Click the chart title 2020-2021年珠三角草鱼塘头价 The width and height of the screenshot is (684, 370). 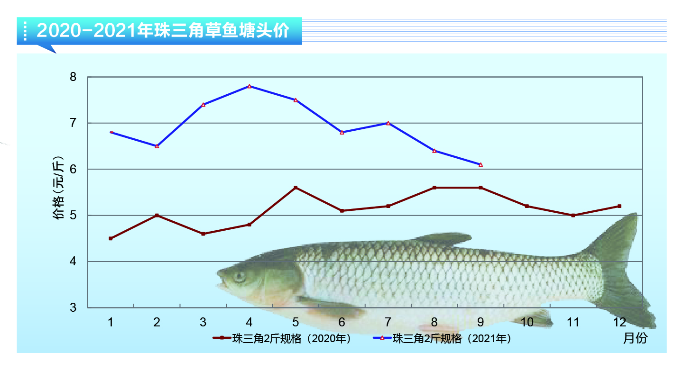point(162,31)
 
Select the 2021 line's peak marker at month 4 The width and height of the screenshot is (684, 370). point(250,86)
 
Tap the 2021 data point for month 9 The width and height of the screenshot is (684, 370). point(481,164)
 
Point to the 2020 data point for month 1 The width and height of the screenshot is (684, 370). point(111,238)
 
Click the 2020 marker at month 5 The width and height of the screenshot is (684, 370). point(296,188)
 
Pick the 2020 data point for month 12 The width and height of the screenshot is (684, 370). point(619,206)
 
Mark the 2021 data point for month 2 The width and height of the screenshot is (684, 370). point(157,146)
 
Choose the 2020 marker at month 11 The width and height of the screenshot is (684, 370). point(573,215)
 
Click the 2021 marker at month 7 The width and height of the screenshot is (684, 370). point(388,123)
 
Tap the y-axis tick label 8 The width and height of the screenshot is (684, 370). point(73,77)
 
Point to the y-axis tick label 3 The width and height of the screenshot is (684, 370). point(73,307)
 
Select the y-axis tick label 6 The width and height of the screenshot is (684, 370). point(73,169)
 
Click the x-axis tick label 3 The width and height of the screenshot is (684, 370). point(203,323)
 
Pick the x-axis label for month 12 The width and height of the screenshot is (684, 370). point(619,323)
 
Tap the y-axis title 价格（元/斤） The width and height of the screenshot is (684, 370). point(58,188)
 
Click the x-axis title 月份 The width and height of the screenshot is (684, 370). point(635,338)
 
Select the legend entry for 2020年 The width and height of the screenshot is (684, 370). point(282,339)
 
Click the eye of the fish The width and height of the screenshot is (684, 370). point(239,276)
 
